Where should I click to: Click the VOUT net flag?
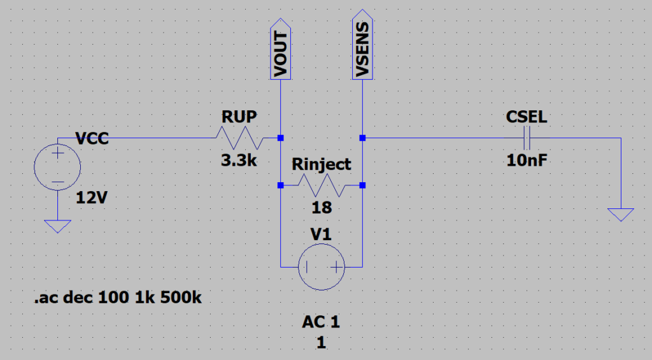pyautogui.click(x=280, y=49)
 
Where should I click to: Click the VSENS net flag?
pyautogui.click(x=362, y=45)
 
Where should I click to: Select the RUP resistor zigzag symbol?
pyautogui.click(x=239, y=138)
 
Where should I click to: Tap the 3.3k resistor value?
pyautogui.click(x=239, y=160)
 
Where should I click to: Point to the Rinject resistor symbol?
pyautogui.click(x=322, y=185)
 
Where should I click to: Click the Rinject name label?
pyautogui.click(x=322, y=164)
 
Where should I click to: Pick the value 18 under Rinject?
pyautogui.click(x=322, y=207)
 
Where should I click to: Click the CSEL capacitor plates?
pyautogui.click(x=527, y=138)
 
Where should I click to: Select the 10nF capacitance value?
pyautogui.click(x=527, y=160)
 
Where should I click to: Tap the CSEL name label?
pyautogui.click(x=527, y=117)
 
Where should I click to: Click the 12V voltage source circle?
pyautogui.click(x=57, y=167)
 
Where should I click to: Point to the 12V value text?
pyautogui.click(x=92, y=198)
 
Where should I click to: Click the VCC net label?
pyautogui.click(x=92, y=138)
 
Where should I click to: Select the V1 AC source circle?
pyautogui.click(x=322, y=267)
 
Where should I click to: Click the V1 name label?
pyautogui.click(x=321, y=234)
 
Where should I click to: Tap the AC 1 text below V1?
pyautogui.click(x=321, y=322)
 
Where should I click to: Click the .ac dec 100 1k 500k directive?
pyautogui.click(x=118, y=298)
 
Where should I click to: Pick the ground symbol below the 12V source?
pyautogui.click(x=57, y=226)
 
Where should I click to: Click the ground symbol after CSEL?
pyautogui.click(x=621, y=215)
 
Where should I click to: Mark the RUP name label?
pyautogui.click(x=239, y=117)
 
